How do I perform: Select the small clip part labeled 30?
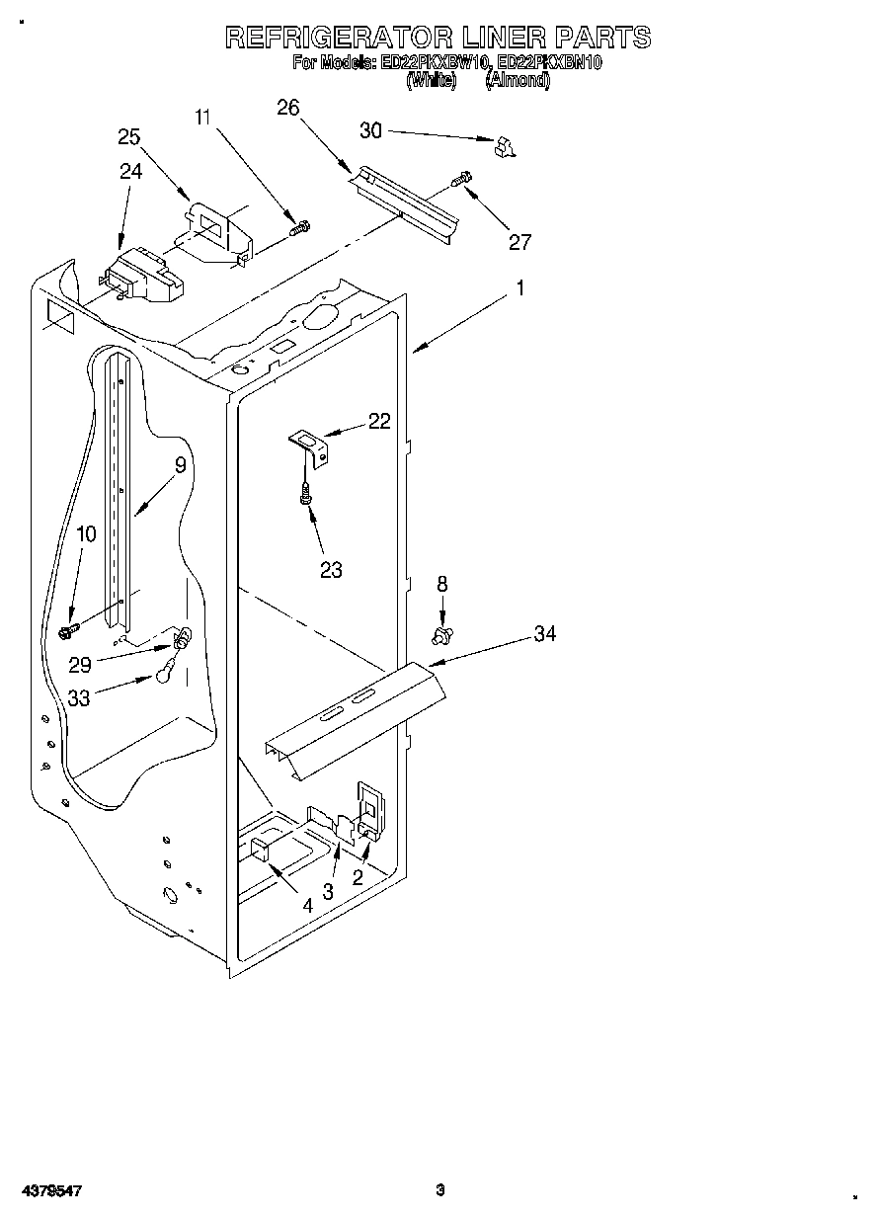(505, 148)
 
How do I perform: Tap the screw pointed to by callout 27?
(461, 181)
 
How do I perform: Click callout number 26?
(287, 109)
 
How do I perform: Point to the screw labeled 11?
(299, 228)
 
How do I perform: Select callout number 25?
(129, 137)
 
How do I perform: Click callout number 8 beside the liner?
(441, 586)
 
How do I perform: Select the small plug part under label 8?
(441, 633)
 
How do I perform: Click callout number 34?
(544, 633)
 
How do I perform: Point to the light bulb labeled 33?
(163, 676)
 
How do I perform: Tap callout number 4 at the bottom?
(308, 904)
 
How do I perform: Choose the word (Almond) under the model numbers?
(518, 82)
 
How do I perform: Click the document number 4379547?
(48, 1191)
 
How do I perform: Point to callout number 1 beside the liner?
(520, 288)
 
